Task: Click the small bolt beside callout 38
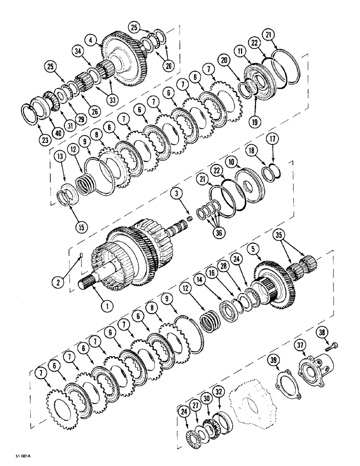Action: [334, 345]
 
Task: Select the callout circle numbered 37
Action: [298, 345]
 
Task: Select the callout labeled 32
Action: [218, 390]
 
